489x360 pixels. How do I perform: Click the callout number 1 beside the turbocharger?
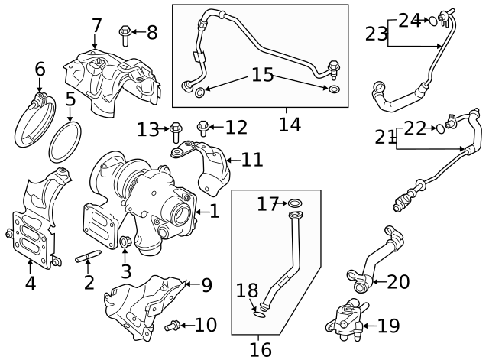pyautogui.click(x=214, y=210)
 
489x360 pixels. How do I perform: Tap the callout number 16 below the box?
pyautogui.click(x=260, y=349)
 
